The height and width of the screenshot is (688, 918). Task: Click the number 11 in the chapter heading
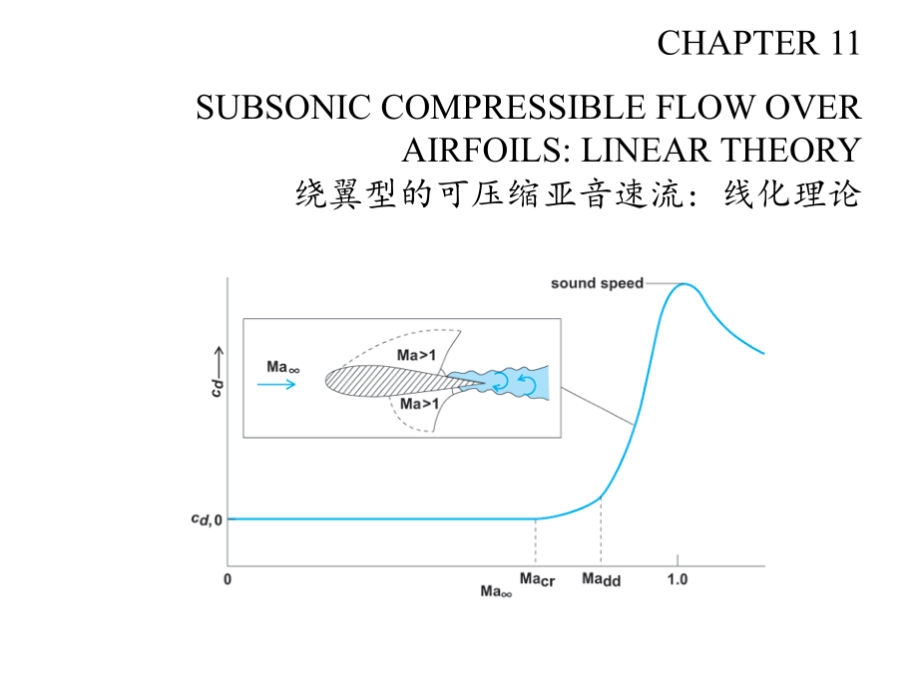point(844,43)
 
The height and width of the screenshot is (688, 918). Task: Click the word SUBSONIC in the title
point(282,108)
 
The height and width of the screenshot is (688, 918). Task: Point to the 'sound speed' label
point(597,284)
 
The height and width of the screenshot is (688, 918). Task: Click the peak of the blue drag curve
point(685,284)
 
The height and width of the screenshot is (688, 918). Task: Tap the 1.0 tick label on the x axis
point(678,579)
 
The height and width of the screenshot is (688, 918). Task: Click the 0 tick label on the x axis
point(228,579)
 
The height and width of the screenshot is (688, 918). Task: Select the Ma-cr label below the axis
point(537,579)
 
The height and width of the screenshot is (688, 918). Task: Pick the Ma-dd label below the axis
point(602,579)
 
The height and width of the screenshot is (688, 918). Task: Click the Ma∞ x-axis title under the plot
point(496,591)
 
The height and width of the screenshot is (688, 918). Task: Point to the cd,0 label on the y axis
point(207,518)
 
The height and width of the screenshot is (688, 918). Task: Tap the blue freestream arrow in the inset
point(276,384)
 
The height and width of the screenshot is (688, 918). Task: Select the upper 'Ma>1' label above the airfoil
point(416,355)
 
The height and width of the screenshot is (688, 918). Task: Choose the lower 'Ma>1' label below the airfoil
point(419,404)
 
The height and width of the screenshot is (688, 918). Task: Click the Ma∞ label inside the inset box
point(283,367)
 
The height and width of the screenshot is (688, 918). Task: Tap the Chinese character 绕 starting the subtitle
point(311,194)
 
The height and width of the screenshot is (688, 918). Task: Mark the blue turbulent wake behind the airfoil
point(499,383)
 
